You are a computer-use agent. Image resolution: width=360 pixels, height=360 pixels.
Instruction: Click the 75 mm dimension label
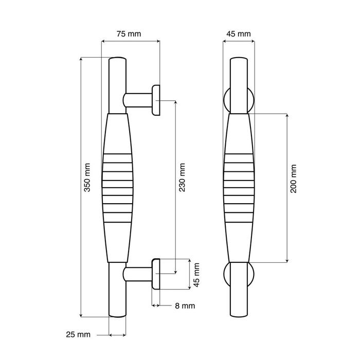[x=129, y=34]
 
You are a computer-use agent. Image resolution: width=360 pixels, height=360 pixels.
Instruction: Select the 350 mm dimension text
[x=87, y=177]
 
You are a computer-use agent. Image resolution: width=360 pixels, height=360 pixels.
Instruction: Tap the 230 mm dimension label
[x=182, y=177]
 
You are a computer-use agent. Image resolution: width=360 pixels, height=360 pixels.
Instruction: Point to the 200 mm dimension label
[x=294, y=178]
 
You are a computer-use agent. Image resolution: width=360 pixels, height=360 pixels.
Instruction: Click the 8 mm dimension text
[x=185, y=306]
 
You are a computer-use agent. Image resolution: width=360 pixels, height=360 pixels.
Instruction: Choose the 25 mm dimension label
[x=78, y=334]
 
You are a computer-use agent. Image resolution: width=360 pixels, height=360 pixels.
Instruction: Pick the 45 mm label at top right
[x=239, y=34]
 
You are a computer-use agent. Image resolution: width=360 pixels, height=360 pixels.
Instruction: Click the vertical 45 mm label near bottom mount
[x=196, y=275]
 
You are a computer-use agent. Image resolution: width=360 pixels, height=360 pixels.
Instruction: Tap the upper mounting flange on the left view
[x=156, y=100]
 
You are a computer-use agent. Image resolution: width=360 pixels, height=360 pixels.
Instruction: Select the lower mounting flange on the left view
[x=156, y=274]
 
